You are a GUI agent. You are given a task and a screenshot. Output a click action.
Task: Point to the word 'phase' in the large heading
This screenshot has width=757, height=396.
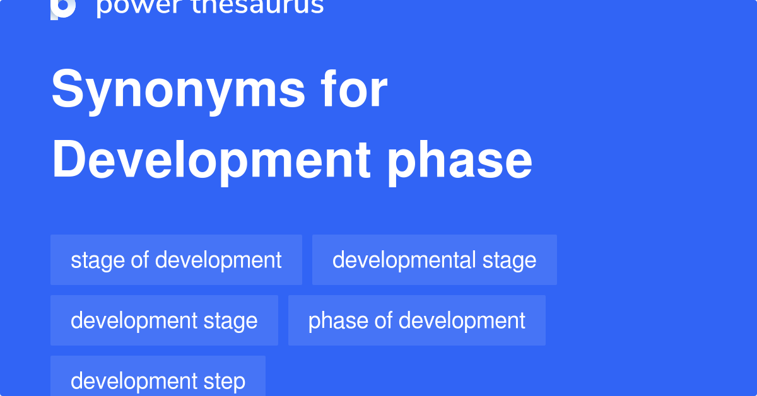[460, 160]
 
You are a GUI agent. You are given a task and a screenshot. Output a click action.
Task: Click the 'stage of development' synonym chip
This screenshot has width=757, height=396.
[176, 260]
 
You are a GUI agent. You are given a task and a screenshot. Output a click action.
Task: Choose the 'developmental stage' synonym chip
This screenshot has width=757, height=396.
[434, 260]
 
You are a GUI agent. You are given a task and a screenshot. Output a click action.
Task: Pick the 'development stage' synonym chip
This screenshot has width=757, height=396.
[164, 320]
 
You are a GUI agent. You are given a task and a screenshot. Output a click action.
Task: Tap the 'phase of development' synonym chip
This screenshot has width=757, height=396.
[416, 320]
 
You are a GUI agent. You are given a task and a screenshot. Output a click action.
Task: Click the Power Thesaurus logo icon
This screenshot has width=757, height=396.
[63, 8]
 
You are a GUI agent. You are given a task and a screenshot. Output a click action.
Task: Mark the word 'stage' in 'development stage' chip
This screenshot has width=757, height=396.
[230, 321]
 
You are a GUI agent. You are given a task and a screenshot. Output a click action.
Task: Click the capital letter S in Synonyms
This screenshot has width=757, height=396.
[66, 90]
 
